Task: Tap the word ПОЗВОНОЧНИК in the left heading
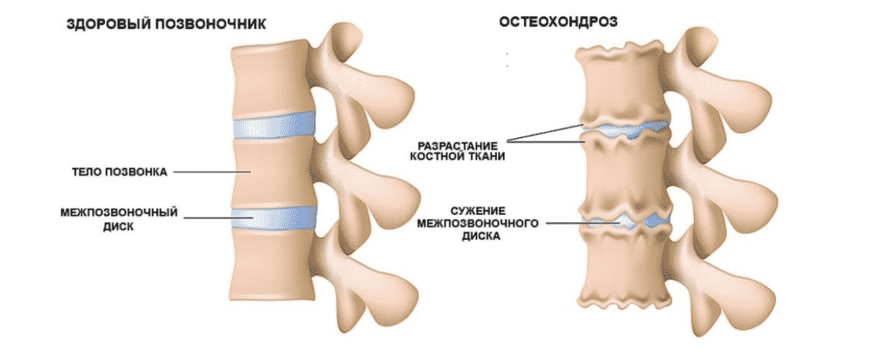tap(201, 24)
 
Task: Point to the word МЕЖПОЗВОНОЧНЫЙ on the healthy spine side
tap(120, 212)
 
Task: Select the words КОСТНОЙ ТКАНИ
tap(457, 157)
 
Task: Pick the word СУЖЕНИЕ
tap(478, 210)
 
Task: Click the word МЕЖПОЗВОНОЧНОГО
tap(478, 224)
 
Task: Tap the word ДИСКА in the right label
tap(478, 237)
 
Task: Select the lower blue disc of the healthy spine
tap(273, 218)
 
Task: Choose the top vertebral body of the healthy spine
tap(271, 78)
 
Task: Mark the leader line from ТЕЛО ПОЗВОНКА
tap(211, 173)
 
